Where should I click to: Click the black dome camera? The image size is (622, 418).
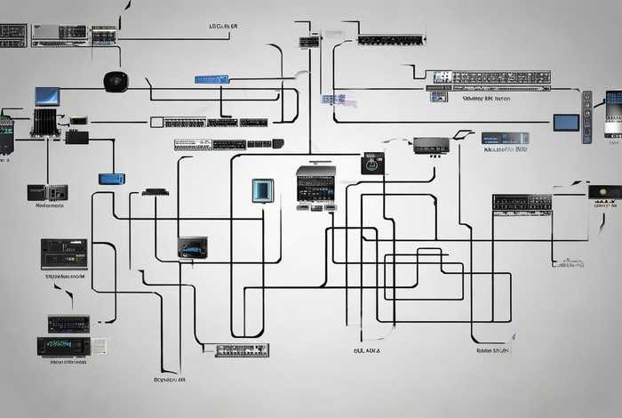point(116,81)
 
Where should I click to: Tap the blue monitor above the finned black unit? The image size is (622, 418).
point(47,95)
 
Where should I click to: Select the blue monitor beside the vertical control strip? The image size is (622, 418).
point(566,122)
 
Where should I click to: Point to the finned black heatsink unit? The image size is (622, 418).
point(44,122)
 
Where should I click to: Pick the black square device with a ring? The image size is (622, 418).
point(372,164)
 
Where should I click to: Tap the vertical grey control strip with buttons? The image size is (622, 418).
point(586,117)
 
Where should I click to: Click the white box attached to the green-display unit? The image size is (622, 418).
point(100,346)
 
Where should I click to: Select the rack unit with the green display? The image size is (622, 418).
point(64,345)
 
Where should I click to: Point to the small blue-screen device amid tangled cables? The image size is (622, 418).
point(192,245)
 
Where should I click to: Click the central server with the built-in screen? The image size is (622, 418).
point(315,184)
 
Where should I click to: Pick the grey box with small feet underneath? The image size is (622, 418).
point(431,145)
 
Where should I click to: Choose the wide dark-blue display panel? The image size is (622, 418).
point(505,139)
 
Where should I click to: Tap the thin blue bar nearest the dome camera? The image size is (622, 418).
point(211,79)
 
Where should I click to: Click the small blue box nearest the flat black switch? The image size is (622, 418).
point(111,179)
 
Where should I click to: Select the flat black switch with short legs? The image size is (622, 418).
point(155,191)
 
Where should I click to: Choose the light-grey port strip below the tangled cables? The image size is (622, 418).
point(241,350)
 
